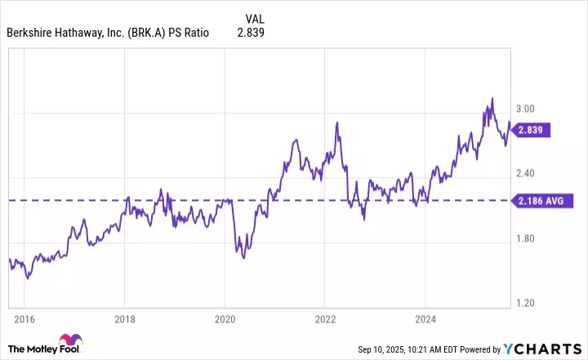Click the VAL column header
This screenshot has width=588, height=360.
click(x=255, y=18)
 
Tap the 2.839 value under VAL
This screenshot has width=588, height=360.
click(x=251, y=33)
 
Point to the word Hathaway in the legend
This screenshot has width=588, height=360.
click(x=80, y=33)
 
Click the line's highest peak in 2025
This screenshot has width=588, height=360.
click(x=492, y=99)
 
